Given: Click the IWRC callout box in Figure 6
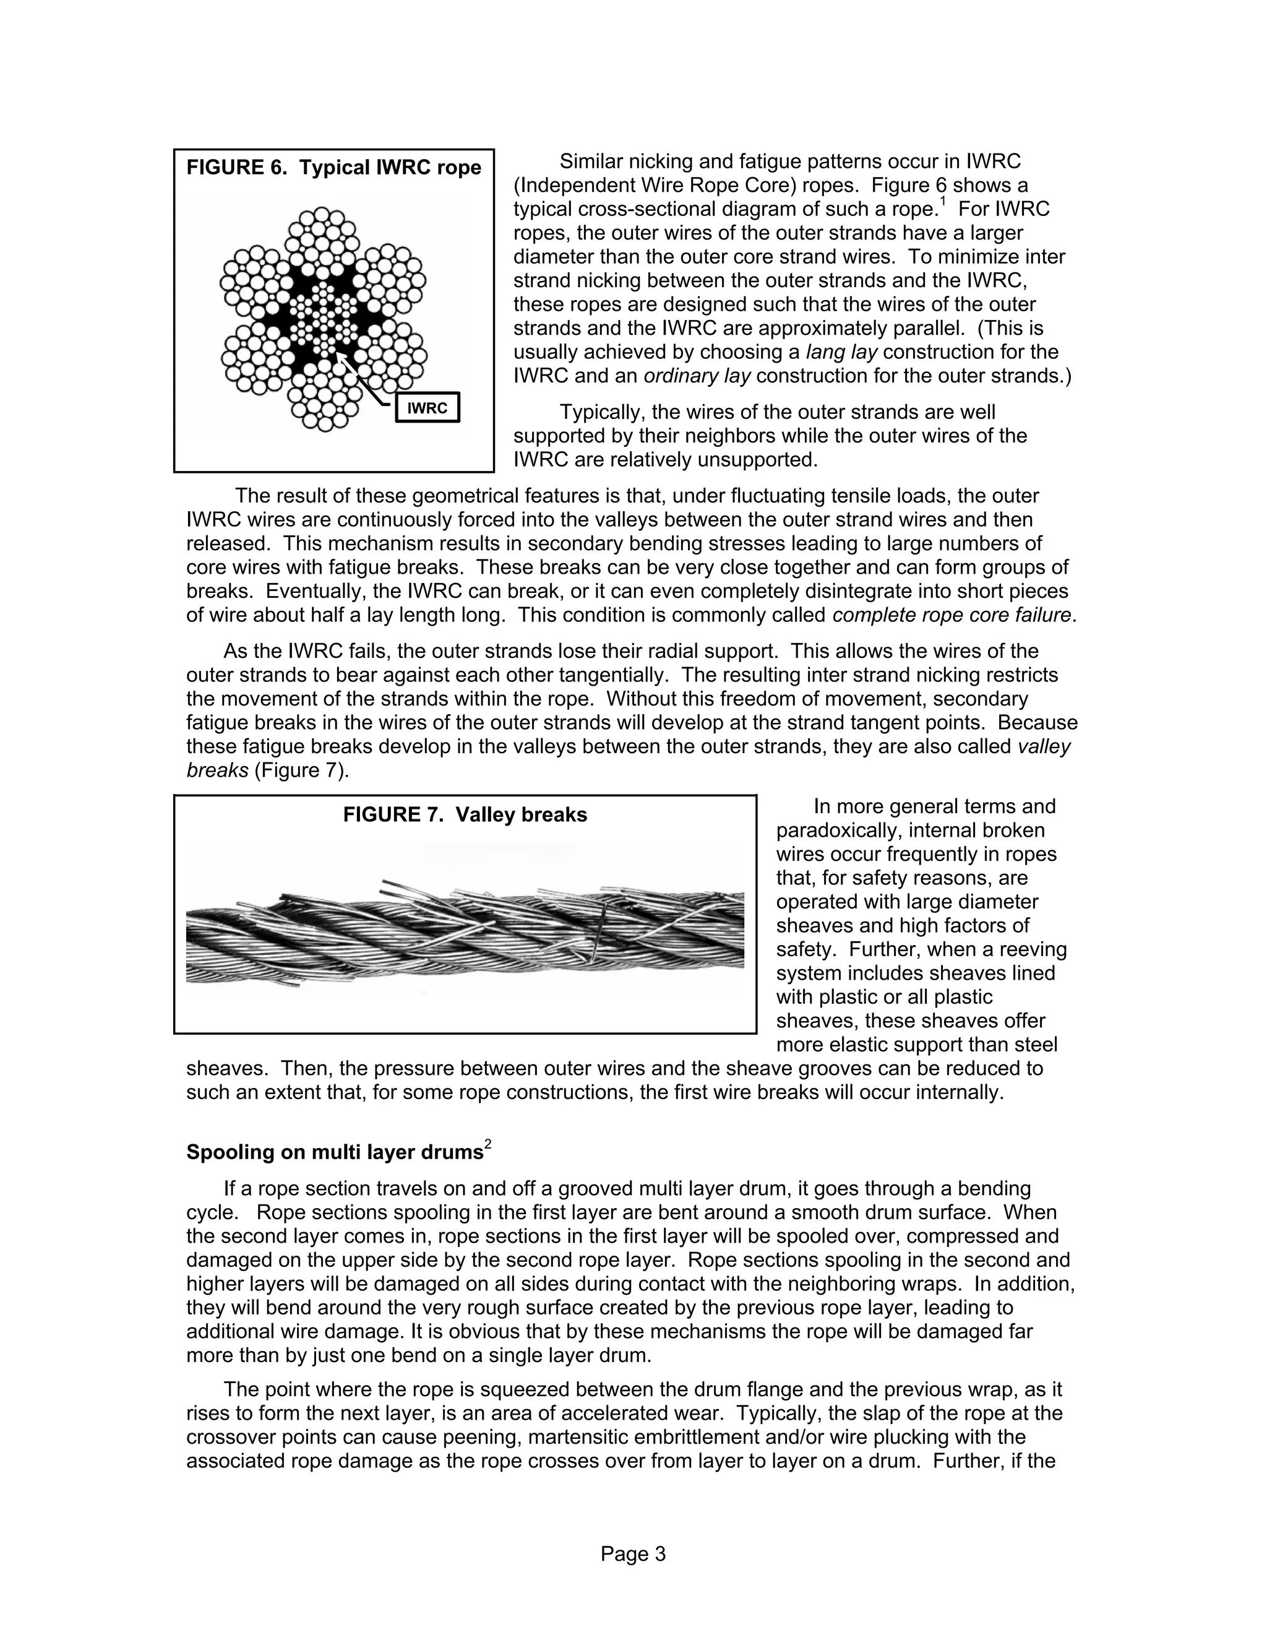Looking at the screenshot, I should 427,408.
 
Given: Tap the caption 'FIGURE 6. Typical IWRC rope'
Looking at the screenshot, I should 333,168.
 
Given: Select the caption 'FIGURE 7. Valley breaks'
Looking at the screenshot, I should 465,815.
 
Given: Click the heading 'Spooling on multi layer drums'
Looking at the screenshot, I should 335,1152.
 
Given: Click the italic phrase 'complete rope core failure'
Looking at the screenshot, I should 951,615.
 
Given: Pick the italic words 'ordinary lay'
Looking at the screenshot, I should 697,376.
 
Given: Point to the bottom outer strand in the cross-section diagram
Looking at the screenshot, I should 324,404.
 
